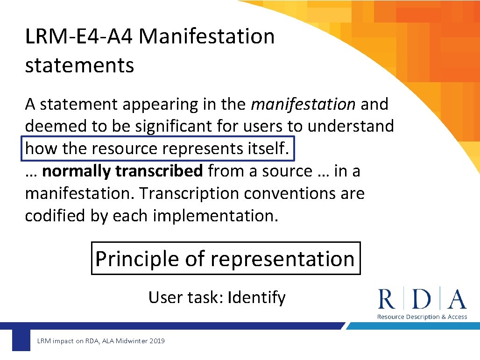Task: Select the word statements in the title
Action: coord(79,65)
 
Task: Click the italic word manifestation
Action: coord(303,105)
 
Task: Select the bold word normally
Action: coord(77,171)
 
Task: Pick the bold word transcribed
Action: coord(159,171)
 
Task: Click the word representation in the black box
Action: coord(282,259)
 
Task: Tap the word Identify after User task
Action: coord(256,297)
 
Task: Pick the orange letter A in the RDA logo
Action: coord(456,299)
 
